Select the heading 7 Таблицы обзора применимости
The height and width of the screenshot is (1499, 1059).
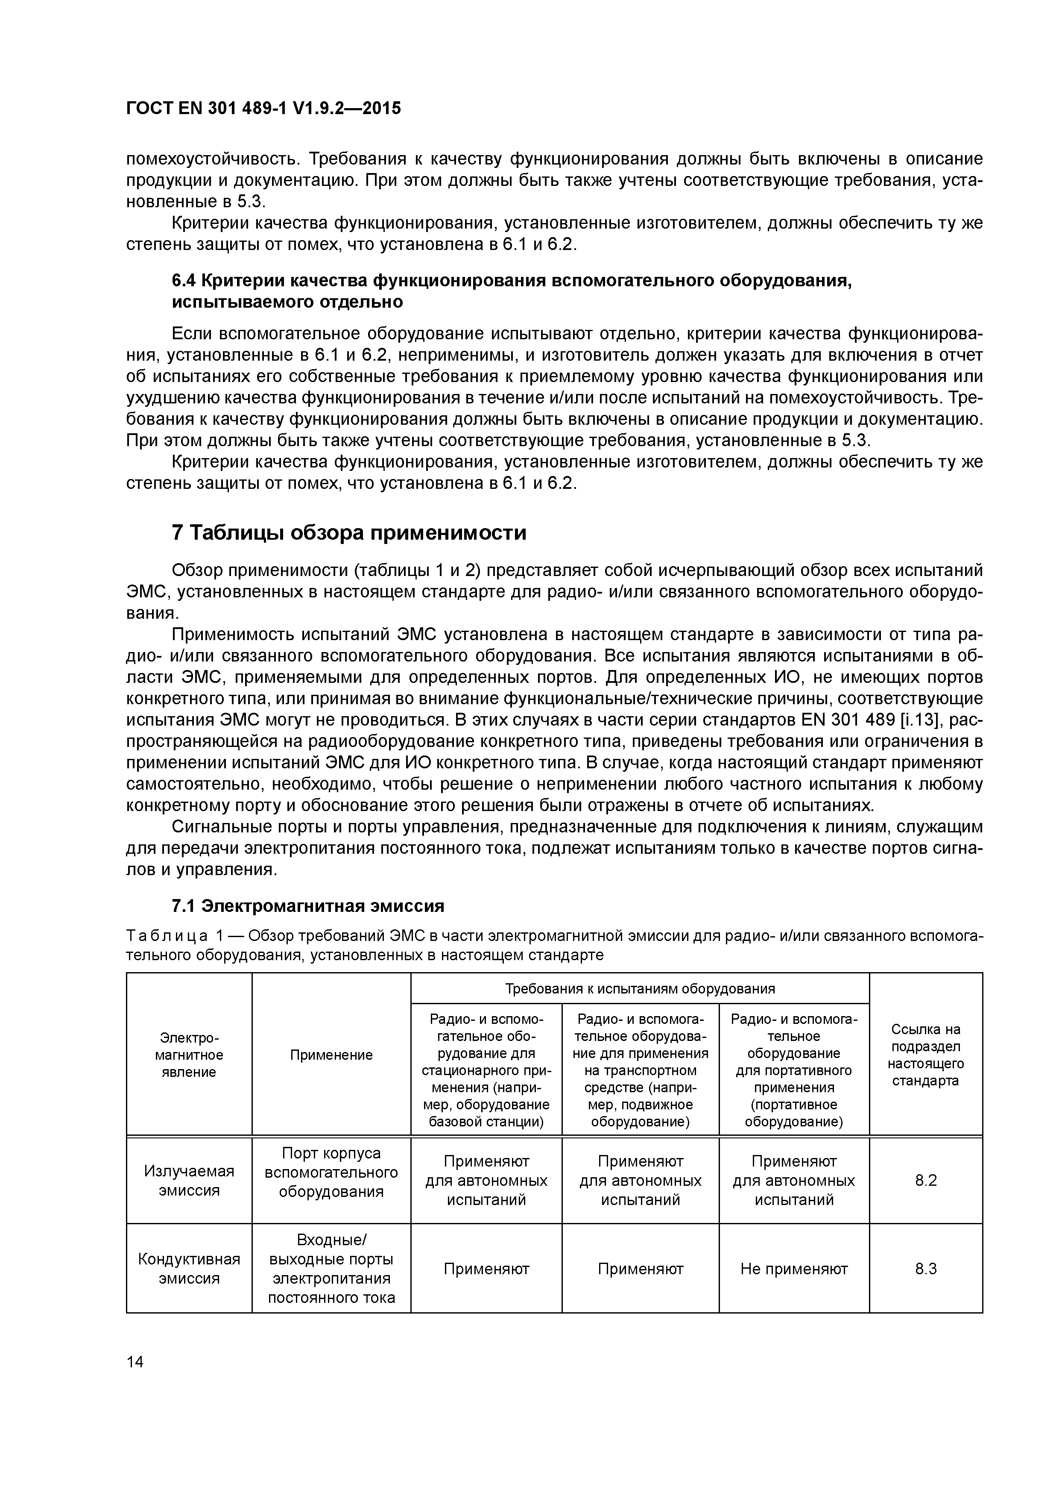pos(348,533)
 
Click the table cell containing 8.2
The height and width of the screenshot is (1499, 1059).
pos(925,1180)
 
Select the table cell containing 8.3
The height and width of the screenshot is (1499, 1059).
pos(925,1269)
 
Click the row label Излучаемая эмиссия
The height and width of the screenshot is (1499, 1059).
pos(189,1180)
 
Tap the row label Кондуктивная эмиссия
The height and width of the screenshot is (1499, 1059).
pos(189,1269)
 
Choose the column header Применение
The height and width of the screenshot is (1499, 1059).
pos(331,1055)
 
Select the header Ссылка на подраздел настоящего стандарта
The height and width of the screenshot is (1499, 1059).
pos(925,1055)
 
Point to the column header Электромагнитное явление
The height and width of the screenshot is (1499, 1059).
pos(189,1055)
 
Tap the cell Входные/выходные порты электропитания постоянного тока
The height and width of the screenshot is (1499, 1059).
pos(331,1269)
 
